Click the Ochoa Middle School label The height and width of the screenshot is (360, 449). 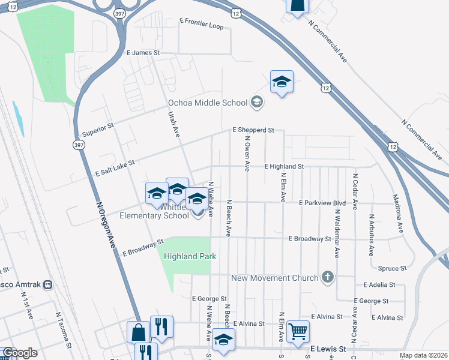[208, 103]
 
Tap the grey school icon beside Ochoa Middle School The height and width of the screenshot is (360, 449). [257, 102]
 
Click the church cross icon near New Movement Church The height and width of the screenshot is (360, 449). [327, 277]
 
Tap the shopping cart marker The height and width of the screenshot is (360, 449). [298, 331]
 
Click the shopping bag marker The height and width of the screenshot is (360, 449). [138, 332]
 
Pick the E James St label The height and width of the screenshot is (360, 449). [143, 53]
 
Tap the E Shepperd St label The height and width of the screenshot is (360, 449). [253, 130]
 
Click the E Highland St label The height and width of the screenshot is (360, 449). [285, 166]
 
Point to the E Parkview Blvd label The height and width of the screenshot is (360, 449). [322, 202]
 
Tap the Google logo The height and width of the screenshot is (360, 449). [20, 353]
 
